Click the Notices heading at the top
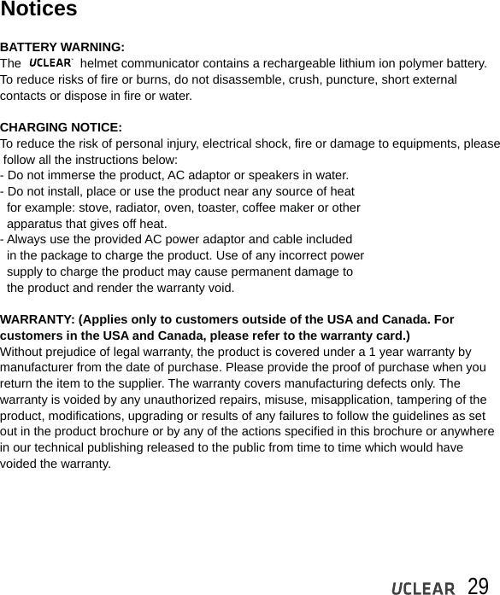pos(38,10)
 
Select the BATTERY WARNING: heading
pos(62,47)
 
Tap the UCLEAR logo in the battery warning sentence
pos(51,63)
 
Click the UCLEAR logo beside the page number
pos(423,588)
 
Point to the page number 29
pos(478,586)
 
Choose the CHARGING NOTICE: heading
pos(61,127)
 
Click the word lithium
pos(360,63)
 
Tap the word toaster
pos(205,207)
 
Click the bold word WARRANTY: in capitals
pos(38,319)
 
